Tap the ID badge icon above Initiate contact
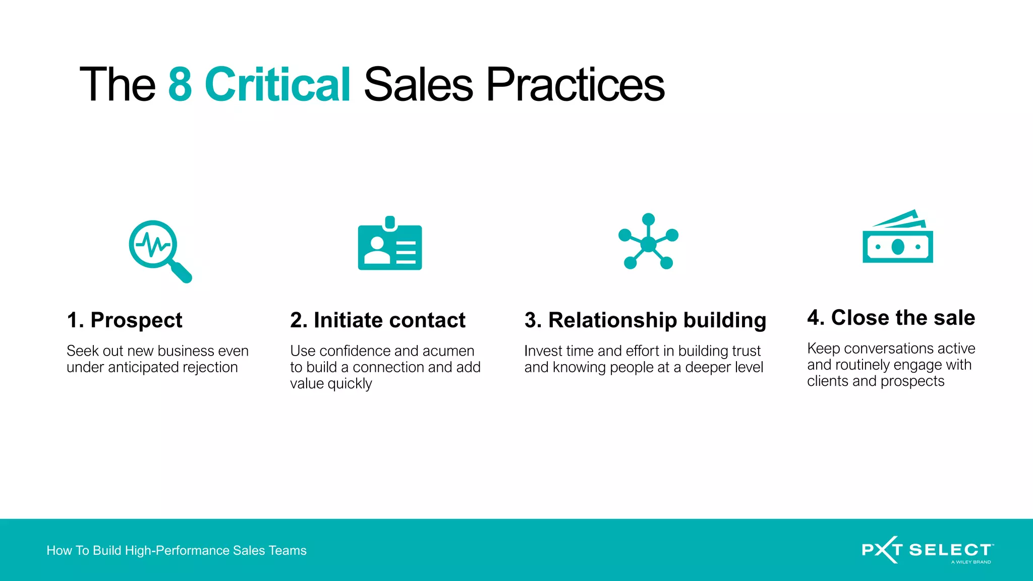click(x=390, y=245)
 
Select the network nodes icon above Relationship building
click(x=648, y=242)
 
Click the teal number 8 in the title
click(x=180, y=84)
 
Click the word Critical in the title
click(x=277, y=84)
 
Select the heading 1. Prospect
click(x=125, y=320)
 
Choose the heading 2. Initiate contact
click(x=378, y=320)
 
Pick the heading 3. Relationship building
click(x=645, y=320)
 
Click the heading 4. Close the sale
click(x=891, y=318)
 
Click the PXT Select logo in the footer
click(x=927, y=550)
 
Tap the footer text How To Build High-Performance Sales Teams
click(x=177, y=550)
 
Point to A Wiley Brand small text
click(x=971, y=562)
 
